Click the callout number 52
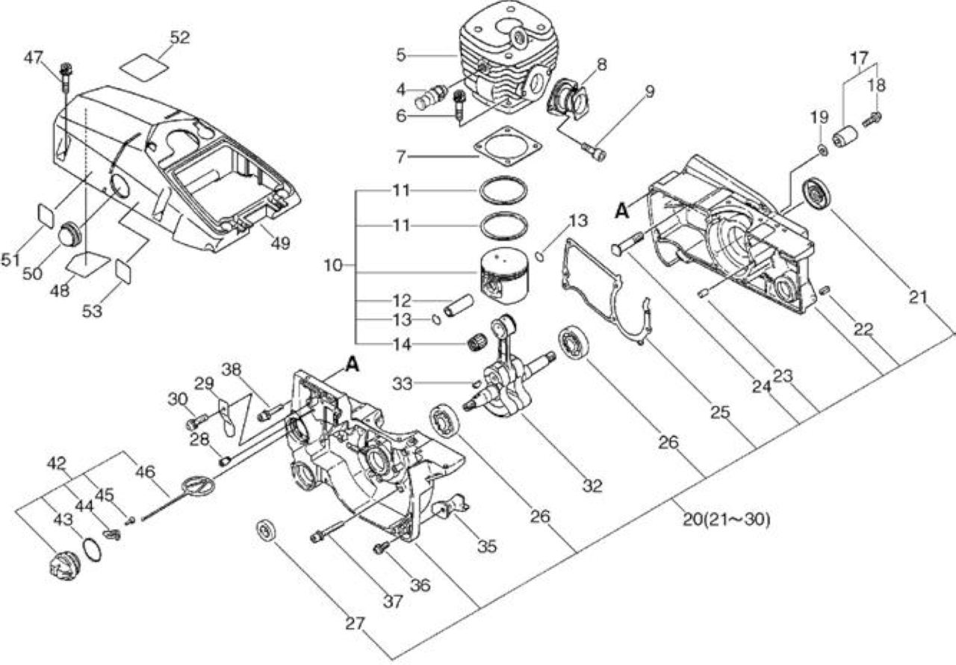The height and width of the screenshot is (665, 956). click(179, 37)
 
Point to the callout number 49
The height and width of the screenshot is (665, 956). click(280, 244)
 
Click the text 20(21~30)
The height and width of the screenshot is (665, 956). click(727, 520)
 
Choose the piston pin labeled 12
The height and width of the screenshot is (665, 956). click(459, 305)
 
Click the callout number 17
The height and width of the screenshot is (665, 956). click(860, 58)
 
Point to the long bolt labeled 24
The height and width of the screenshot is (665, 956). click(627, 244)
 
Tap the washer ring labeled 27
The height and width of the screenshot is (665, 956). click(267, 531)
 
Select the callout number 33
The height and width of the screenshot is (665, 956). click(403, 384)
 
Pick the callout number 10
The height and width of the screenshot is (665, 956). click(333, 265)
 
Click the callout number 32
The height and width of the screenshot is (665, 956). click(592, 486)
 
